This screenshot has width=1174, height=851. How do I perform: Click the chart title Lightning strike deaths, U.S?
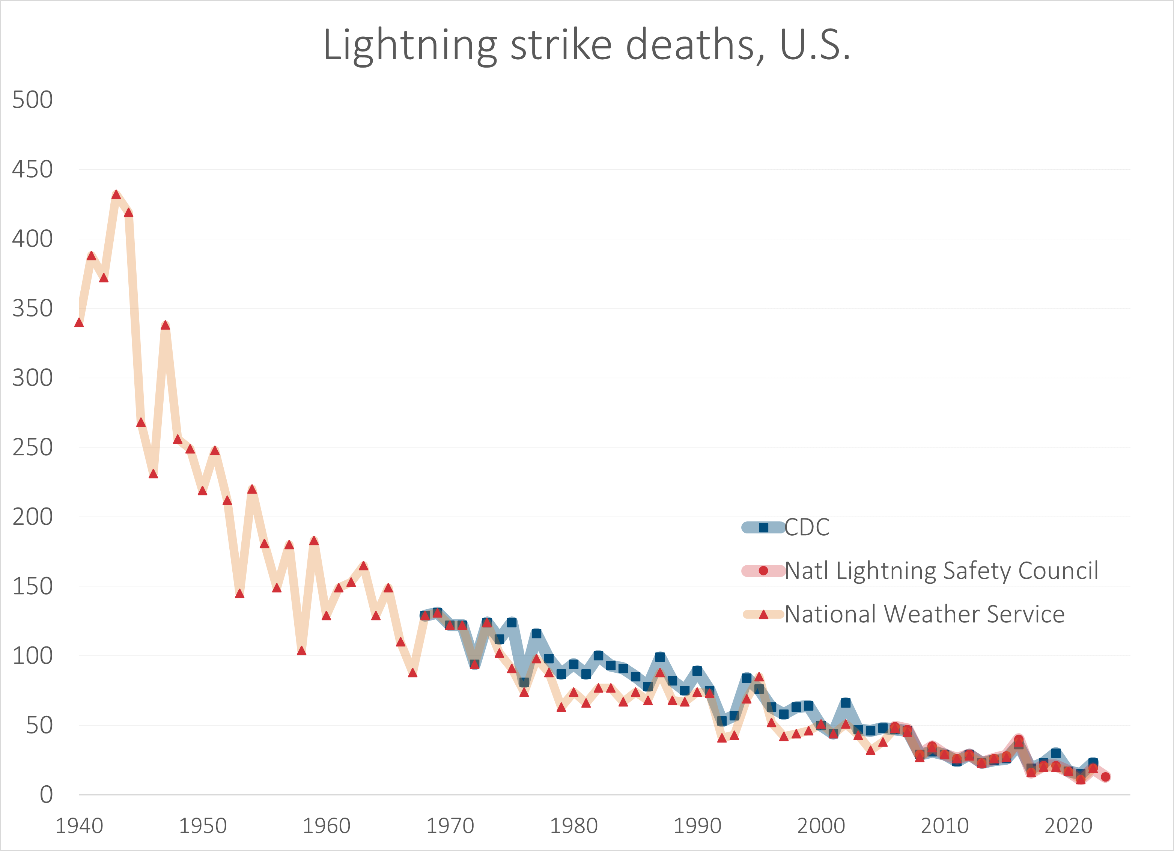pos(587,45)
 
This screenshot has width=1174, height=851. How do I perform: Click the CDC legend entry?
pos(807,527)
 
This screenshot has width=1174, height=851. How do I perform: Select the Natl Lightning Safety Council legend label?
pos(941,571)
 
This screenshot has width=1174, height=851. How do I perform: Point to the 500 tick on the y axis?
pos(32,100)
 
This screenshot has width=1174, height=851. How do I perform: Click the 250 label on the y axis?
pos(32,447)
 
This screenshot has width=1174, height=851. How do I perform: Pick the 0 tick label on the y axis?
pos(46,795)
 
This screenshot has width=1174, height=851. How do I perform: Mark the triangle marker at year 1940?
pos(79,322)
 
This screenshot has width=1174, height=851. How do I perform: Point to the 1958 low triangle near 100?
pos(302,651)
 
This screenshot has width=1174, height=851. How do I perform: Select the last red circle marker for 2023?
pos(1105,776)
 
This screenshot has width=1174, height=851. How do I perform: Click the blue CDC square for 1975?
pos(512,622)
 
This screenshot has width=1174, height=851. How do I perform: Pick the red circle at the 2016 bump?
pos(1019,739)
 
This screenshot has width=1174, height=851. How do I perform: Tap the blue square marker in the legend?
pos(763,527)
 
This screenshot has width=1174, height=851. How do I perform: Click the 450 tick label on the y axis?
pos(32,169)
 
